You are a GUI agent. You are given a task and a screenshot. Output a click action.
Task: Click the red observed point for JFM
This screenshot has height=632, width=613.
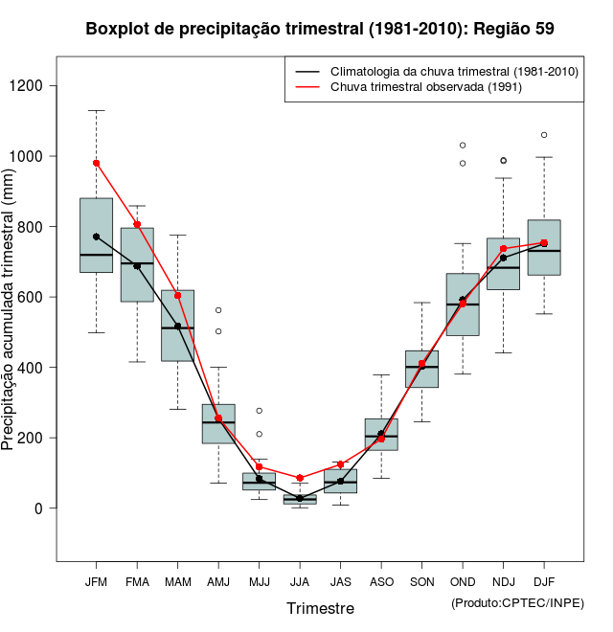click(x=96, y=163)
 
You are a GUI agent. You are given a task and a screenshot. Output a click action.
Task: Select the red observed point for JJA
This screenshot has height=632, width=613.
click(x=300, y=478)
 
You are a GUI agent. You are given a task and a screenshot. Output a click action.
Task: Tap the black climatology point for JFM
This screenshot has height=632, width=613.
click(x=96, y=237)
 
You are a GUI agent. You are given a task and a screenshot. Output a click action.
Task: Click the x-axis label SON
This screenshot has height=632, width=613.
click(x=422, y=582)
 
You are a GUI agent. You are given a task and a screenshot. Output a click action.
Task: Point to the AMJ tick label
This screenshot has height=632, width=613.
click(x=218, y=582)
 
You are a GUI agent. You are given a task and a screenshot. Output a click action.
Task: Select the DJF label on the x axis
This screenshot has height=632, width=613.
click(x=544, y=582)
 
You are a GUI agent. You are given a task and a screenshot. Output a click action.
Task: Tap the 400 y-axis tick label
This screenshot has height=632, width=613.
click(x=32, y=368)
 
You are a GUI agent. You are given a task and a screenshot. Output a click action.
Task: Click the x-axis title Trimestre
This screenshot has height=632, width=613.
click(x=320, y=608)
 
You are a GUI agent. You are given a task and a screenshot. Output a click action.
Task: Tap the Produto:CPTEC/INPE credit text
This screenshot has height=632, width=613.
click(x=517, y=602)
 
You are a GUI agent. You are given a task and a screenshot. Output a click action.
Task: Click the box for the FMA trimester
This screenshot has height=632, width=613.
click(x=137, y=264)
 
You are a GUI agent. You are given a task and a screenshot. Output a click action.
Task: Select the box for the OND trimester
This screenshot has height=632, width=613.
click(x=463, y=305)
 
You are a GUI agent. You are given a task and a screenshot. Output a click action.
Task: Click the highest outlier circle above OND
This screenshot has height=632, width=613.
click(x=463, y=146)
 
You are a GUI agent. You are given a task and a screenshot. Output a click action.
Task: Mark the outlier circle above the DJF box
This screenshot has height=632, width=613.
click(x=544, y=135)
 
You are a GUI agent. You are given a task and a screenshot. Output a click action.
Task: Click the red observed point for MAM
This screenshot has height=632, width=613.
click(x=177, y=295)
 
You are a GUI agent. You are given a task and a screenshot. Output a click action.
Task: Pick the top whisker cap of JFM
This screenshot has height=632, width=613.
click(x=96, y=110)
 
